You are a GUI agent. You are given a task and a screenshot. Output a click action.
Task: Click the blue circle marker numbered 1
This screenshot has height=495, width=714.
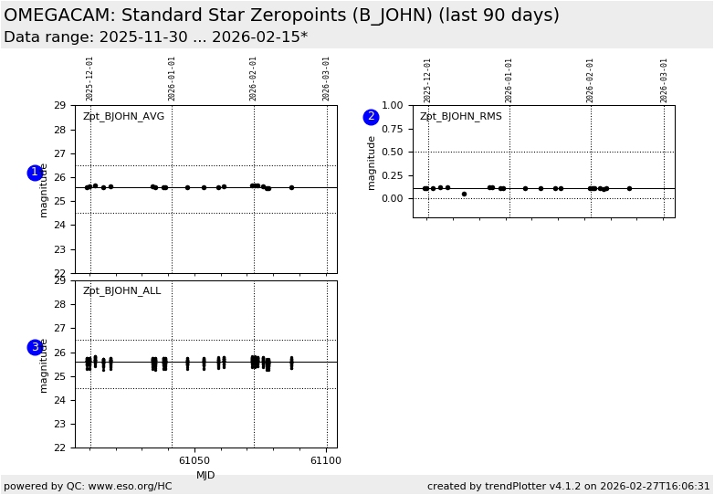[35, 173]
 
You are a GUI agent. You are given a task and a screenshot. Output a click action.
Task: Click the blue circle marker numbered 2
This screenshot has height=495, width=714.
[371, 117]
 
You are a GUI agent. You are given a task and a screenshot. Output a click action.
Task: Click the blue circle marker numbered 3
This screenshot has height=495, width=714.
[35, 347]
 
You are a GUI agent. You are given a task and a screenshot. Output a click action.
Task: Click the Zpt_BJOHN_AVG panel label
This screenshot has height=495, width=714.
[123, 117]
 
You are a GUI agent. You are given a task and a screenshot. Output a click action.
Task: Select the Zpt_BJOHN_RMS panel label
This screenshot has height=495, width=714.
[460, 117]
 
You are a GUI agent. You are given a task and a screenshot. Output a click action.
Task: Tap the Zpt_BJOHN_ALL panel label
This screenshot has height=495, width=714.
[121, 291]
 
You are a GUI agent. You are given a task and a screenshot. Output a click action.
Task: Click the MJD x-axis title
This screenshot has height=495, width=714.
[205, 475]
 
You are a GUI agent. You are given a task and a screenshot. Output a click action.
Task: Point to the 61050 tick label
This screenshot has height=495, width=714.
[194, 461]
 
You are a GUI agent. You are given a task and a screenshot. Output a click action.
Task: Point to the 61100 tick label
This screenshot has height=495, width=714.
[326, 461]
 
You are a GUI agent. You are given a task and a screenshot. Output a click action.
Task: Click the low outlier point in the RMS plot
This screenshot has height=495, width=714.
[464, 194]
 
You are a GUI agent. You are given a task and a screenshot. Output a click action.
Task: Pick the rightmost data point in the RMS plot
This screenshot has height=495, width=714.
[629, 188]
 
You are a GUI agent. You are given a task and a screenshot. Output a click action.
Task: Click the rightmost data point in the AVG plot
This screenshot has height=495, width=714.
[291, 187]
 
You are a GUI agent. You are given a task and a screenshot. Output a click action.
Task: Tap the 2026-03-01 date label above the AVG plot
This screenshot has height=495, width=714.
[327, 79]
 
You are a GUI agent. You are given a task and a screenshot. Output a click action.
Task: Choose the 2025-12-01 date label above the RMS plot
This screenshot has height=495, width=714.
[428, 79]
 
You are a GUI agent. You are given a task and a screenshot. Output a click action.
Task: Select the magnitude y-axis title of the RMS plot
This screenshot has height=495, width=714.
[373, 163]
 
